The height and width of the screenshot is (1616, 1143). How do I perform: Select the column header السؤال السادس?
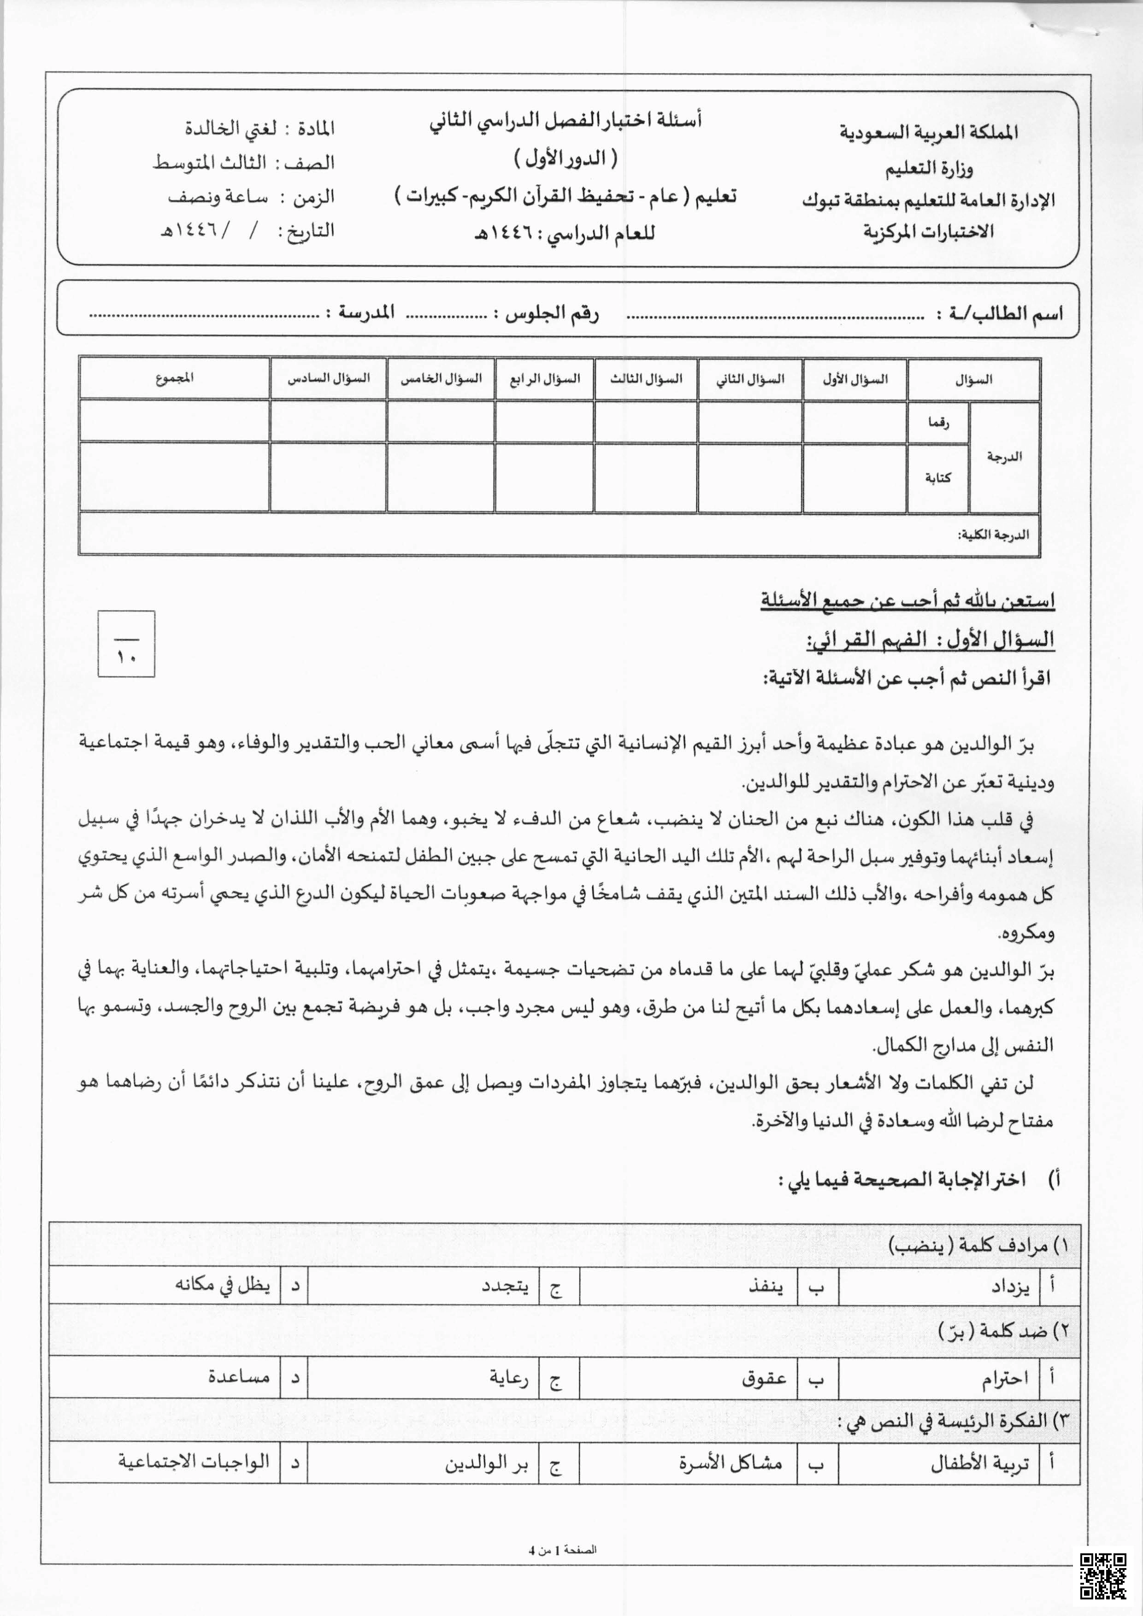(328, 379)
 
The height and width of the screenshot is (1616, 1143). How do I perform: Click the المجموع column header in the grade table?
(175, 379)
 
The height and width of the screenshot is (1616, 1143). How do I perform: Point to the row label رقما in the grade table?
(938, 423)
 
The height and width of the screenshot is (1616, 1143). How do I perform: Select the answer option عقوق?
(764, 1379)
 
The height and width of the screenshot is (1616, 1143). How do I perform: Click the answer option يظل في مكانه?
(223, 1286)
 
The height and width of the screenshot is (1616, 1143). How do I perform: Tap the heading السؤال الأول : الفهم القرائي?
(929, 639)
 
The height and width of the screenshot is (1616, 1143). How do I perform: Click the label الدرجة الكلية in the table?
(993, 535)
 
